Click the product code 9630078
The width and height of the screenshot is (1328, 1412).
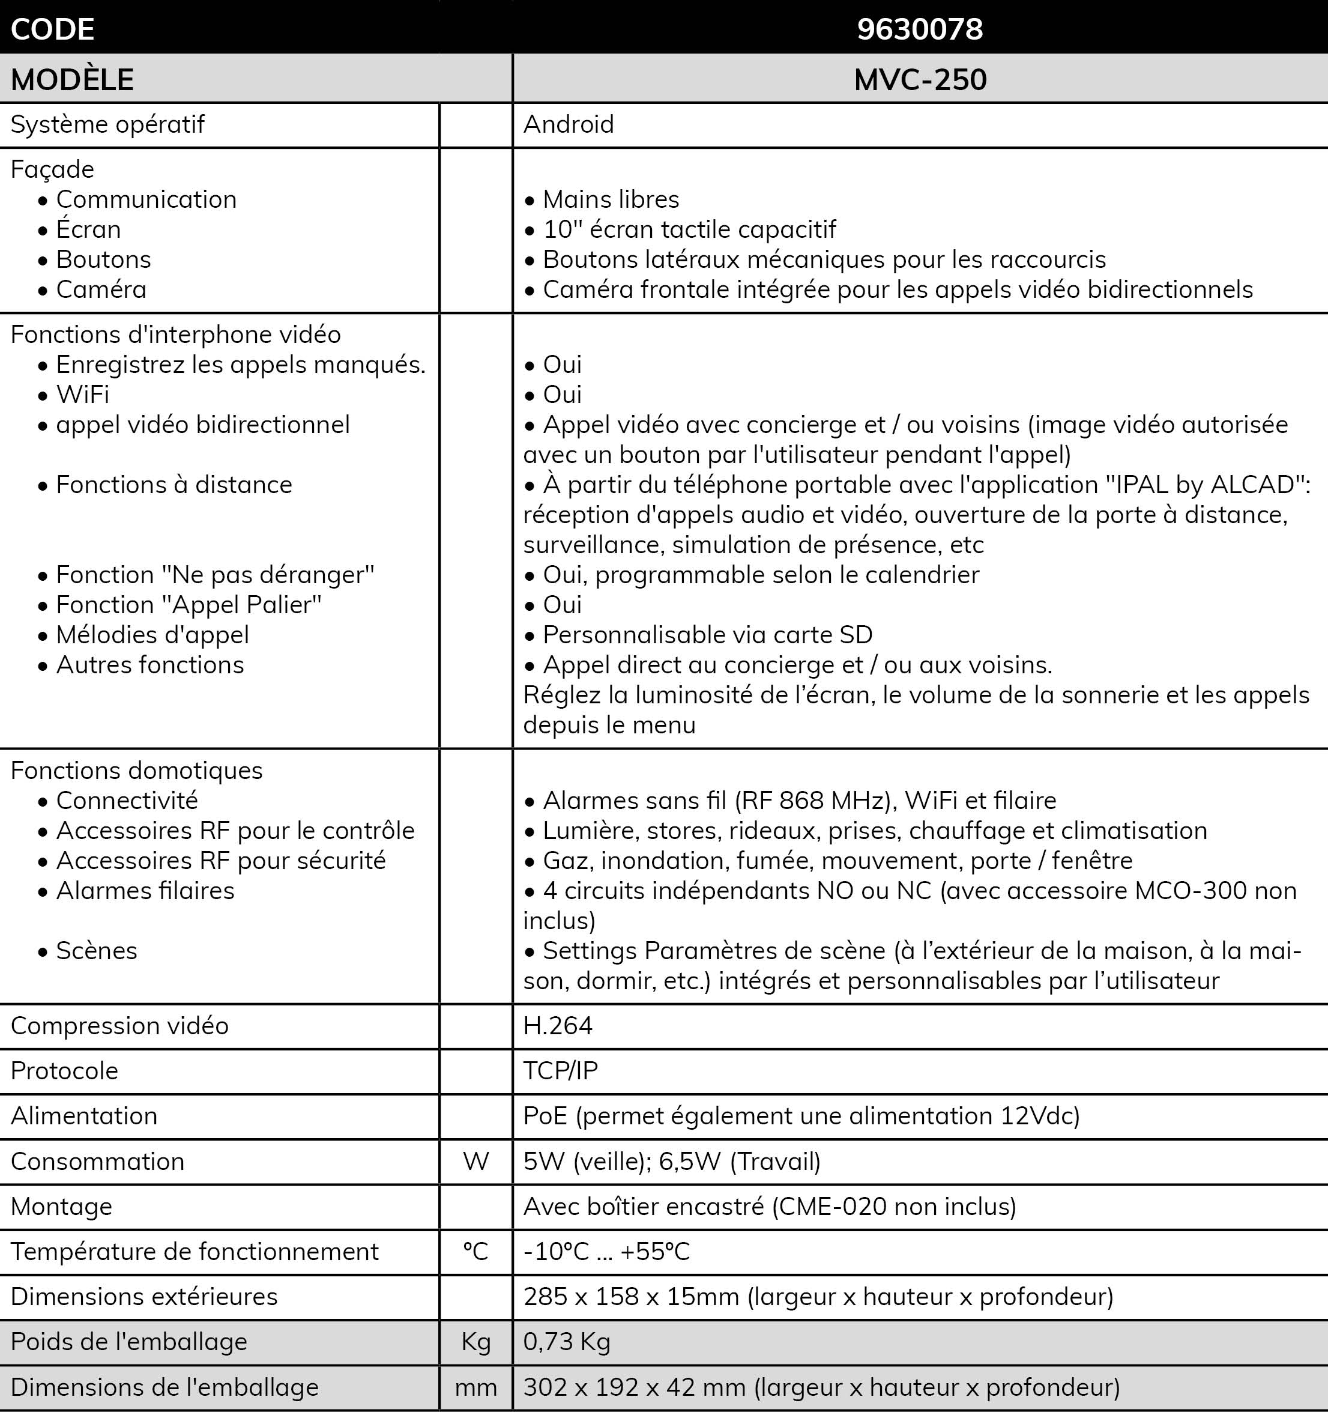(920, 29)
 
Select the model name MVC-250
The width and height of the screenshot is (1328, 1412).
(920, 79)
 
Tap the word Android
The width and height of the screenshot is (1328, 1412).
(568, 124)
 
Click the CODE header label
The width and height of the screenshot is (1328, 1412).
(53, 29)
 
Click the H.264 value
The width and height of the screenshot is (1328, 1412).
(558, 1026)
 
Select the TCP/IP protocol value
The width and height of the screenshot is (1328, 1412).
(560, 1070)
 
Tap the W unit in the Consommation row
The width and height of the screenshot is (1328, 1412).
(476, 1162)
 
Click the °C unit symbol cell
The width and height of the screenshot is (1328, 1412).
(476, 1252)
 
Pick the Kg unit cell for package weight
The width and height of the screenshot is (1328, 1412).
(476, 1342)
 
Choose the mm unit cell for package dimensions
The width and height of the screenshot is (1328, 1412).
(476, 1387)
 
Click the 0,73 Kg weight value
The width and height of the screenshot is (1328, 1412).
(567, 1342)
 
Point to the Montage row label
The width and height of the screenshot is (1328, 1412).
(61, 1207)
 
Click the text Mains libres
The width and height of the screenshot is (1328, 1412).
(611, 199)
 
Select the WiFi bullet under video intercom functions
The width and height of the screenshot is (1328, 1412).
(82, 395)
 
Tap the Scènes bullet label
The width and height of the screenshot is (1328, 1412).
(97, 951)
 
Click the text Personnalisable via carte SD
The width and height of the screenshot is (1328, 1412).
(707, 635)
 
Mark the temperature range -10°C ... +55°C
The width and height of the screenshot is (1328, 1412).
(606, 1252)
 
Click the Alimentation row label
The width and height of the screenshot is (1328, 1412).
(84, 1116)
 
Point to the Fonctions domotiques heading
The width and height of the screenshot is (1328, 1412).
(136, 771)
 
